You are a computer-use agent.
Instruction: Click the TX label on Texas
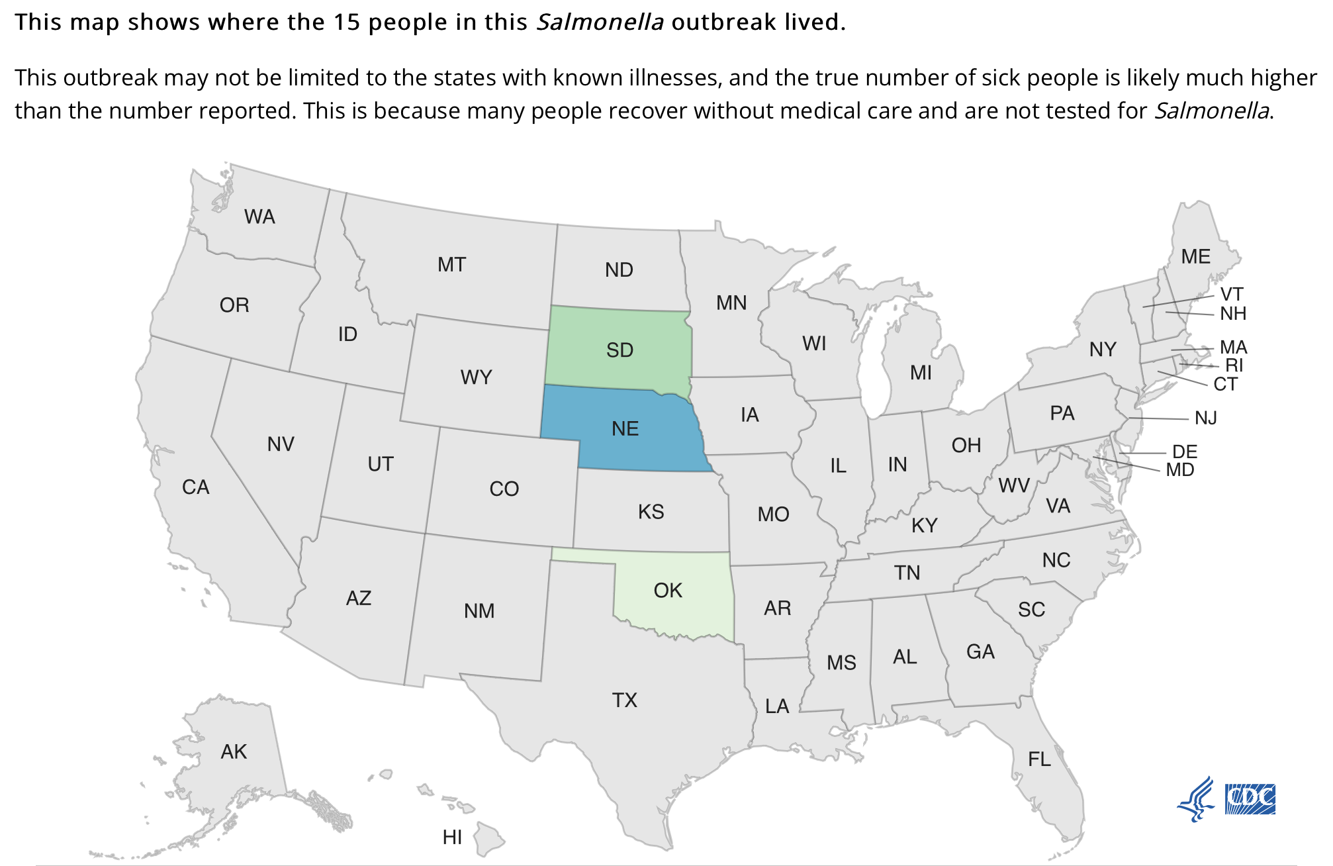pyautogui.click(x=624, y=700)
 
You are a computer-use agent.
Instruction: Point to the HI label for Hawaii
pyautogui.click(x=452, y=838)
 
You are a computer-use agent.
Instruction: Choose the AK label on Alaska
pyautogui.click(x=234, y=752)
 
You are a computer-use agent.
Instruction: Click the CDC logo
pyautogui.click(x=1250, y=799)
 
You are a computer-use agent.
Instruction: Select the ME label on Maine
pyautogui.click(x=1195, y=257)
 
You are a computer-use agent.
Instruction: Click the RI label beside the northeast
pyautogui.click(x=1234, y=365)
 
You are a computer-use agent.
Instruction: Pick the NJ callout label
pyautogui.click(x=1206, y=418)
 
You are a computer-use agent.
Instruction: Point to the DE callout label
pyautogui.click(x=1185, y=452)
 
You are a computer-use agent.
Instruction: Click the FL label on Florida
pyautogui.click(x=1039, y=759)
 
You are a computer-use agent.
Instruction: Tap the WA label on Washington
pyautogui.click(x=259, y=217)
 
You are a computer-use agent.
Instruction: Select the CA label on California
pyautogui.click(x=195, y=487)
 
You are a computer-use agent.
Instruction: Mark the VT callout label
pyautogui.click(x=1232, y=295)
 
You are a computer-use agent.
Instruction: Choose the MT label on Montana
pyautogui.click(x=451, y=265)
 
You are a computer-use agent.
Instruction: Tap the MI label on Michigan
pyautogui.click(x=921, y=373)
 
